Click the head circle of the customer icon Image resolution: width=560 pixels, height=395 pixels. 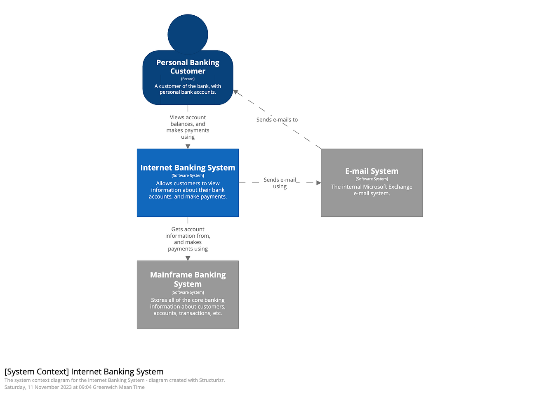pos(188,34)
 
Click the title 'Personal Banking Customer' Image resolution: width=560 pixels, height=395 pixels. pos(188,67)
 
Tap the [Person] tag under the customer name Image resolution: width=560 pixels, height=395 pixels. pos(188,79)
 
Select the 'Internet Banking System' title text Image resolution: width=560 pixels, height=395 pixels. pos(188,168)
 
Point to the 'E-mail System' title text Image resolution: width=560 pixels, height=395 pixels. pos(372,171)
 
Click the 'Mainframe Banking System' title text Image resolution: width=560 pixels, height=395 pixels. pos(188,279)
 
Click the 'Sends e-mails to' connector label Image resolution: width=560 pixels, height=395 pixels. pos(277,120)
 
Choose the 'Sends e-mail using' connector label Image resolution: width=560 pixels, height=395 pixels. pos(280,183)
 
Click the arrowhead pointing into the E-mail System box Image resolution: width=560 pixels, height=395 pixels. pos(318,183)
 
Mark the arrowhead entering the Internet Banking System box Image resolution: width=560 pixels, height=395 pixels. pos(188,147)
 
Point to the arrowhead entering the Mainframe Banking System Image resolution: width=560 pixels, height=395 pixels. pos(188,258)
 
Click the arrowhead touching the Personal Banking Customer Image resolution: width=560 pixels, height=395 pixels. pos(235,92)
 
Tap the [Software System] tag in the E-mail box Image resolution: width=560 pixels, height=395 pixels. pos(372,179)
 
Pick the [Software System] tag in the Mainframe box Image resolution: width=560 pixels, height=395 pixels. pos(188,293)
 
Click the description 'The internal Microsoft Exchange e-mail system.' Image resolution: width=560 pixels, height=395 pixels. pos(372,190)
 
